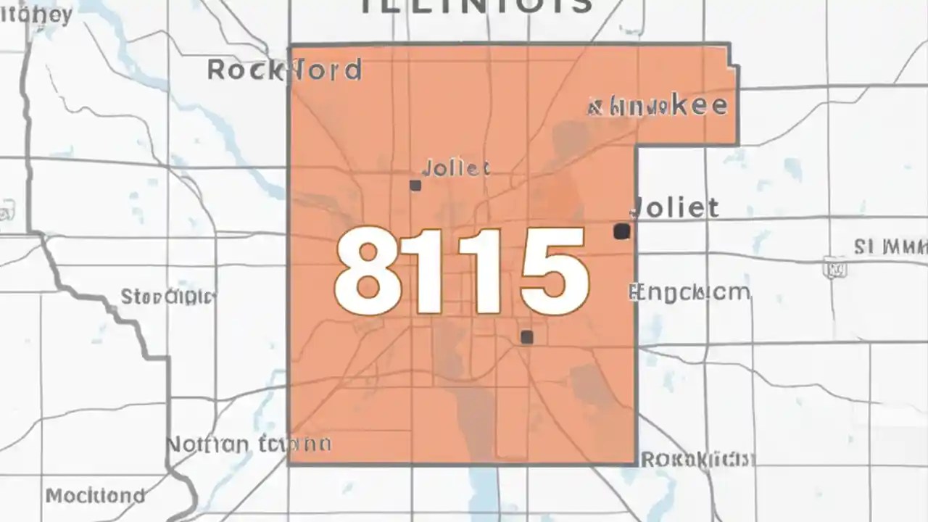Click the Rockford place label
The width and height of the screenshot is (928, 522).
point(284,70)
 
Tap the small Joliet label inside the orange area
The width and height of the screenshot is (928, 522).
point(455,169)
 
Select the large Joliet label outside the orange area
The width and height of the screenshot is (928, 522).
point(676,207)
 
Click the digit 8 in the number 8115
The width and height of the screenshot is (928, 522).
point(368,270)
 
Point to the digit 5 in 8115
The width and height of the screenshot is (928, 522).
point(552,270)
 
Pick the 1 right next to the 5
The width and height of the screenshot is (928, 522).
point(487,270)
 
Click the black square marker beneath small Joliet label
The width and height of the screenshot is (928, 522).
point(415,186)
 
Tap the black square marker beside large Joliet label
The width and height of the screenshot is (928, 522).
point(621,231)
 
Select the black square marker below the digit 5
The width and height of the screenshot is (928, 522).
point(527,337)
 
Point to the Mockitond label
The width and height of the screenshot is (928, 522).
point(95,496)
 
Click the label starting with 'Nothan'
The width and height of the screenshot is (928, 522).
point(249,444)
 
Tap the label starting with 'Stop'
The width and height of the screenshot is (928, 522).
point(168,297)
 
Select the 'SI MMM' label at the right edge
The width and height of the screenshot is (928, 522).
point(890,248)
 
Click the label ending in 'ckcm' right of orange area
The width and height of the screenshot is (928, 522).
point(689,293)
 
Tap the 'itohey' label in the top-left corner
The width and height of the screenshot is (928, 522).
point(36,15)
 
